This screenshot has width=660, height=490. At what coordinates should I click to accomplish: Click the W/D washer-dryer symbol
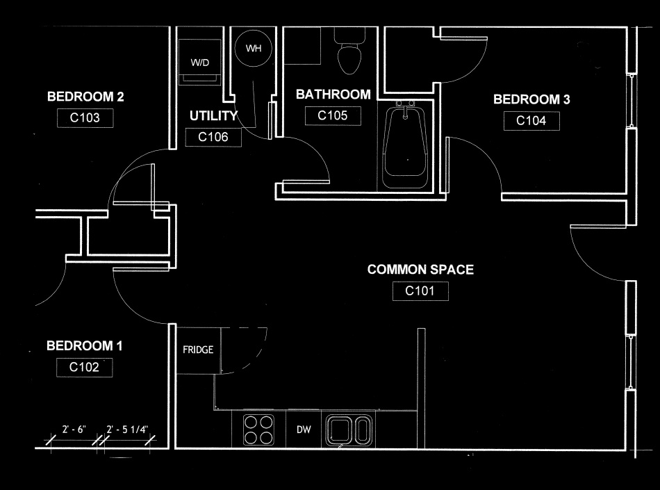200,62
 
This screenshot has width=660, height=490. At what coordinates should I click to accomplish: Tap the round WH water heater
254,48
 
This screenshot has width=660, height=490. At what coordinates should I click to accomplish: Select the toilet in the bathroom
349,51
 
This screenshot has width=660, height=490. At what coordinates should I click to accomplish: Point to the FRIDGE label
198,350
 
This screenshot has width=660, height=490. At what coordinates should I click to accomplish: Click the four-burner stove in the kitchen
259,430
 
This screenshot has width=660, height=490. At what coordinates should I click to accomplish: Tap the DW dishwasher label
304,430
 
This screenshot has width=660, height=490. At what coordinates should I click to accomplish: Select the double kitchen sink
349,431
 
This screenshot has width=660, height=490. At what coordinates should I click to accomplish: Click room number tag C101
420,291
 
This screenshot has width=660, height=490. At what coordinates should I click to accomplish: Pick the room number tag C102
84,367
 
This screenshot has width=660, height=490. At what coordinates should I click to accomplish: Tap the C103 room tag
85,118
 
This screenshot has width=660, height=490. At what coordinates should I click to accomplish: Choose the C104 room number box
531,121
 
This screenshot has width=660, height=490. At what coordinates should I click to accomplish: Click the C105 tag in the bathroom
333,116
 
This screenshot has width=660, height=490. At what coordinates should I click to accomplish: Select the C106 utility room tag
213,137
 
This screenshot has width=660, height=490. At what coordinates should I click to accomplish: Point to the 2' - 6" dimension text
74,430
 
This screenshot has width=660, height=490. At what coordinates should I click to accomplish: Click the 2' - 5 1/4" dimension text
127,430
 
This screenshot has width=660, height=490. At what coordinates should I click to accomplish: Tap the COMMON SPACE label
420,270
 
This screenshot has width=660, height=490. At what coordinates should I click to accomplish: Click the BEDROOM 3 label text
531,99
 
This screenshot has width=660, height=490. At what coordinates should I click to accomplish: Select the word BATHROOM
333,95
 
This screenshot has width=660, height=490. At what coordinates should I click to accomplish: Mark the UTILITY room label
213,116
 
